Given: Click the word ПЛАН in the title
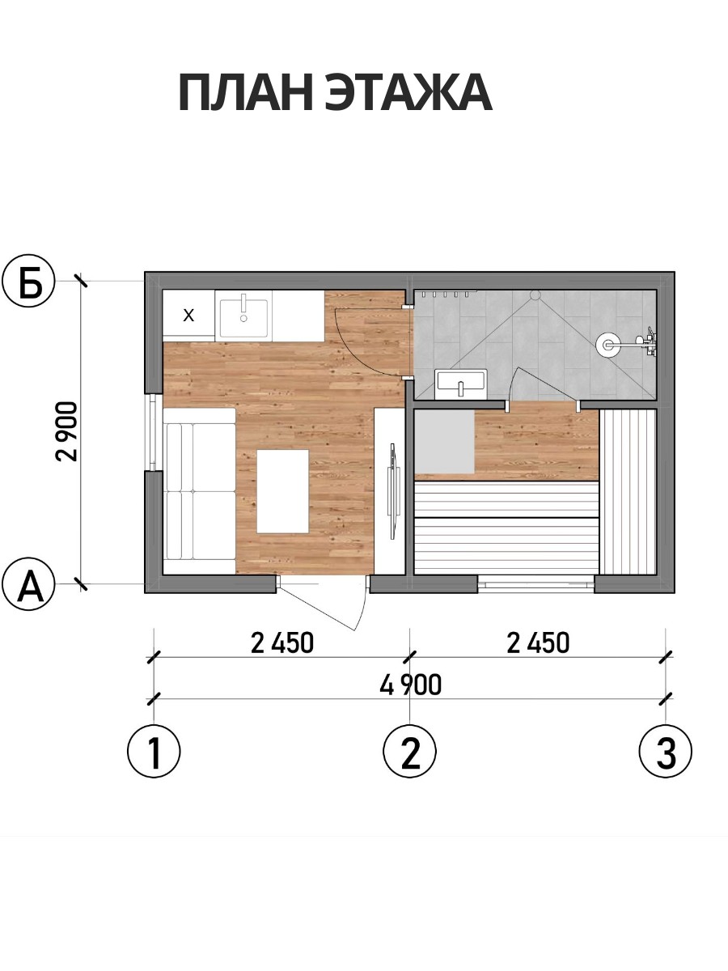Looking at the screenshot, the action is [x=246, y=93].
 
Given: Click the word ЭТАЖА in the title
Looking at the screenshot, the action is [x=408, y=93].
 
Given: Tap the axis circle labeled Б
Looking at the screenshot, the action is [x=28, y=282].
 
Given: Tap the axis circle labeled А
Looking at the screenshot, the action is [x=28, y=584].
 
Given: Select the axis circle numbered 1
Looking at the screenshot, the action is [x=154, y=752].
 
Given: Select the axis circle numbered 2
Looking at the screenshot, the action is [x=409, y=752].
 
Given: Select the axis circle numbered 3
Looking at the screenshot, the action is [x=666, y=752].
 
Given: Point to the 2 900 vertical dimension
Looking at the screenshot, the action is [x=67, y=430].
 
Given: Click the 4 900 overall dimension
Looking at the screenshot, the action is [x=411, y=685].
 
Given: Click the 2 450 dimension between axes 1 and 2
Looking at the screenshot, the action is [x=282, y=642].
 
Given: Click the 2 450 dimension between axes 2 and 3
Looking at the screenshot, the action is [x=538, y=642].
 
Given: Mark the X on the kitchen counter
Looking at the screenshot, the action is [x=188, y=316].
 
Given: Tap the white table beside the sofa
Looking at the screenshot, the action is [x=283, y=491].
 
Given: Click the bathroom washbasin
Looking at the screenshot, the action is [x=461, y=384].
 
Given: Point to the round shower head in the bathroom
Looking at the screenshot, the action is [x=607, y=344].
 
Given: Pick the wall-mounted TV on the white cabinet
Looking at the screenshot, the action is [x=392, y=491].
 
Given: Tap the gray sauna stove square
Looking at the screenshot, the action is [x=445, y=443].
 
